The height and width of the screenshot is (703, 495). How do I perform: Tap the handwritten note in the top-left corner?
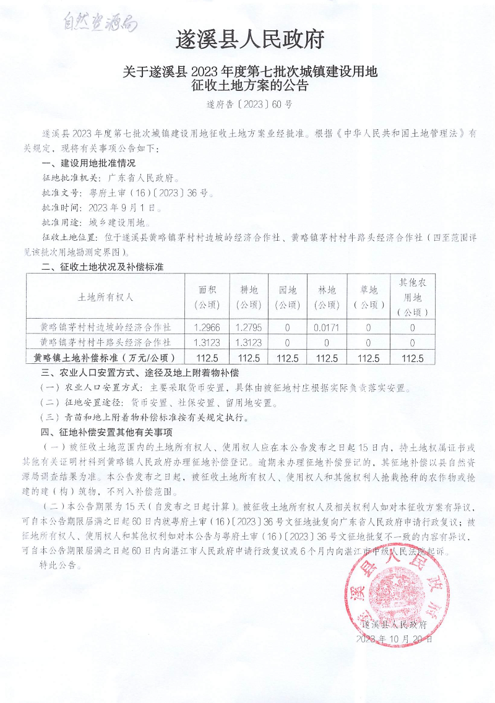tap(99, 23)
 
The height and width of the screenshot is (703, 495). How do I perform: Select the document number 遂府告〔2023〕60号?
tap(249, 105)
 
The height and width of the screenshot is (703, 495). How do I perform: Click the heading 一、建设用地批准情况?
tap(88, 163)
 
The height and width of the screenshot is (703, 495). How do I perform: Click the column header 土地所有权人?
tap(106, 296)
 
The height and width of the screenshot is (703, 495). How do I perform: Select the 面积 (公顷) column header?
tap(207, 296)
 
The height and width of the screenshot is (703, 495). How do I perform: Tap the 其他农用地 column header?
tap(412, 296)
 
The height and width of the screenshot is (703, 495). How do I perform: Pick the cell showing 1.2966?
tap(207, 326)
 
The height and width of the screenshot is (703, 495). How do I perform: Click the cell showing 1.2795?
tap(248, 326)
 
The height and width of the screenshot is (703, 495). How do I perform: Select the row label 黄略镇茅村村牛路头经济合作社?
tap(106, 342)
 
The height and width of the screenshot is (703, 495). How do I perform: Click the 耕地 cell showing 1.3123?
tap(248, 342)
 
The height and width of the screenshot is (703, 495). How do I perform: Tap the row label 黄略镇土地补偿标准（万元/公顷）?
tap(106, 358)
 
